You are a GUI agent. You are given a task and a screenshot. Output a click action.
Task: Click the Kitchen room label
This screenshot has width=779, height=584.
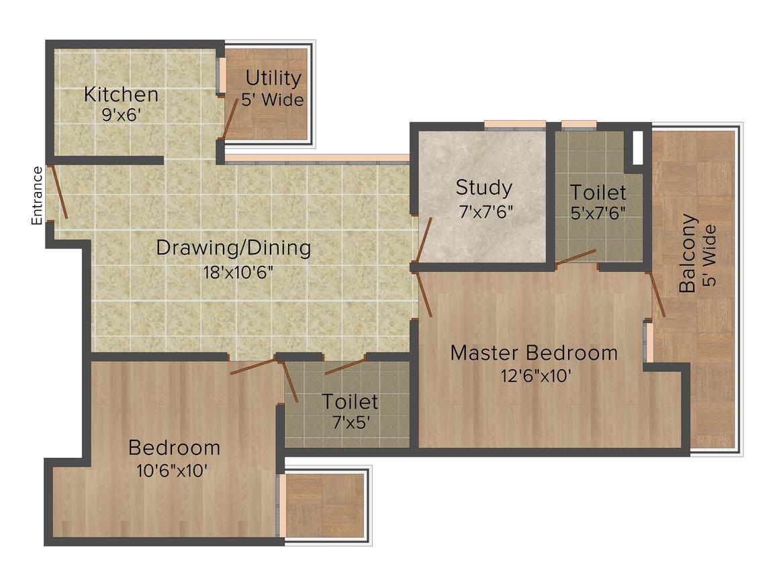point(121,95)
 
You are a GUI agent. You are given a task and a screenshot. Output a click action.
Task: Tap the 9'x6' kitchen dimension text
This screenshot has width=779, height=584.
point(121,115)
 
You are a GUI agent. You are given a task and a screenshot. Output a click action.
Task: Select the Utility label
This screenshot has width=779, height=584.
point(273,79)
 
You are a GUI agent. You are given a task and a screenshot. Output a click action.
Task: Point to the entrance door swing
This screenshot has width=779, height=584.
point(60,193)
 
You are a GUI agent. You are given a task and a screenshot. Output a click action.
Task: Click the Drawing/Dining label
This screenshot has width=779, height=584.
point(234,248)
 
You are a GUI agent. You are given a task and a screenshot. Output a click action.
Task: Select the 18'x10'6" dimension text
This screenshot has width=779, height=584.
point(234,273)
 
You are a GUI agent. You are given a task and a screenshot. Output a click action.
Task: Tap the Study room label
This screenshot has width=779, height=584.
point(484,187)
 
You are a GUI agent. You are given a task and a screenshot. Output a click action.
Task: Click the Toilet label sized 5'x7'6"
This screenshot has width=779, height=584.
point(598,193)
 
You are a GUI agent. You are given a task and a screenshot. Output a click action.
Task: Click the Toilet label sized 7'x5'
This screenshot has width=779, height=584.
point(350,402)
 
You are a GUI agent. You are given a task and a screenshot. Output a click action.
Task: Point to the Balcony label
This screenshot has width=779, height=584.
point(686,254)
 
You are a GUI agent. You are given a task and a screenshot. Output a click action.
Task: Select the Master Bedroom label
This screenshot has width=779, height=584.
point(534,352)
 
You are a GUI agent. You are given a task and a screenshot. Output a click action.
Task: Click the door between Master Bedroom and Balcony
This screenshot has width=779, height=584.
point(657,295)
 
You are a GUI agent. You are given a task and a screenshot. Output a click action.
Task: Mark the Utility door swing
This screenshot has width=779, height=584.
point(230,118)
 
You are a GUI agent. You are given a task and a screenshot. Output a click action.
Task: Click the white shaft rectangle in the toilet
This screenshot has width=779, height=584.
point(637,148)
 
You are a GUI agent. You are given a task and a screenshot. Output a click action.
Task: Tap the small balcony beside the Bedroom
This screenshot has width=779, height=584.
point(325,505)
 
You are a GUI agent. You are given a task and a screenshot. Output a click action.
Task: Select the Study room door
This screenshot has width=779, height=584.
point(423,241)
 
